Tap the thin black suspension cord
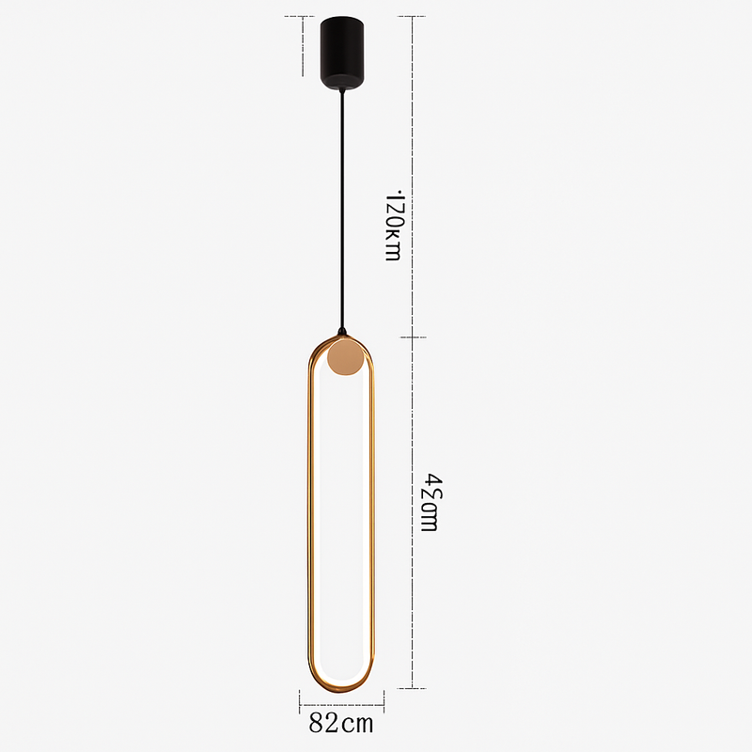tap(341, 207)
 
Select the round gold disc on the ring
tap(346, 358)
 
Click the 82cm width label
tap(341, 725)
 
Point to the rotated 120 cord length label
tap(395, 226)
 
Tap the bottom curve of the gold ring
tap(341, 689)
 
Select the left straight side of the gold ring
tap(306, 517)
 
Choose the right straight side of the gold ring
tap(376, 517)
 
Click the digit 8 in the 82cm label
tap(317, 725)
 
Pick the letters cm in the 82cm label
tap(358, 726)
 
